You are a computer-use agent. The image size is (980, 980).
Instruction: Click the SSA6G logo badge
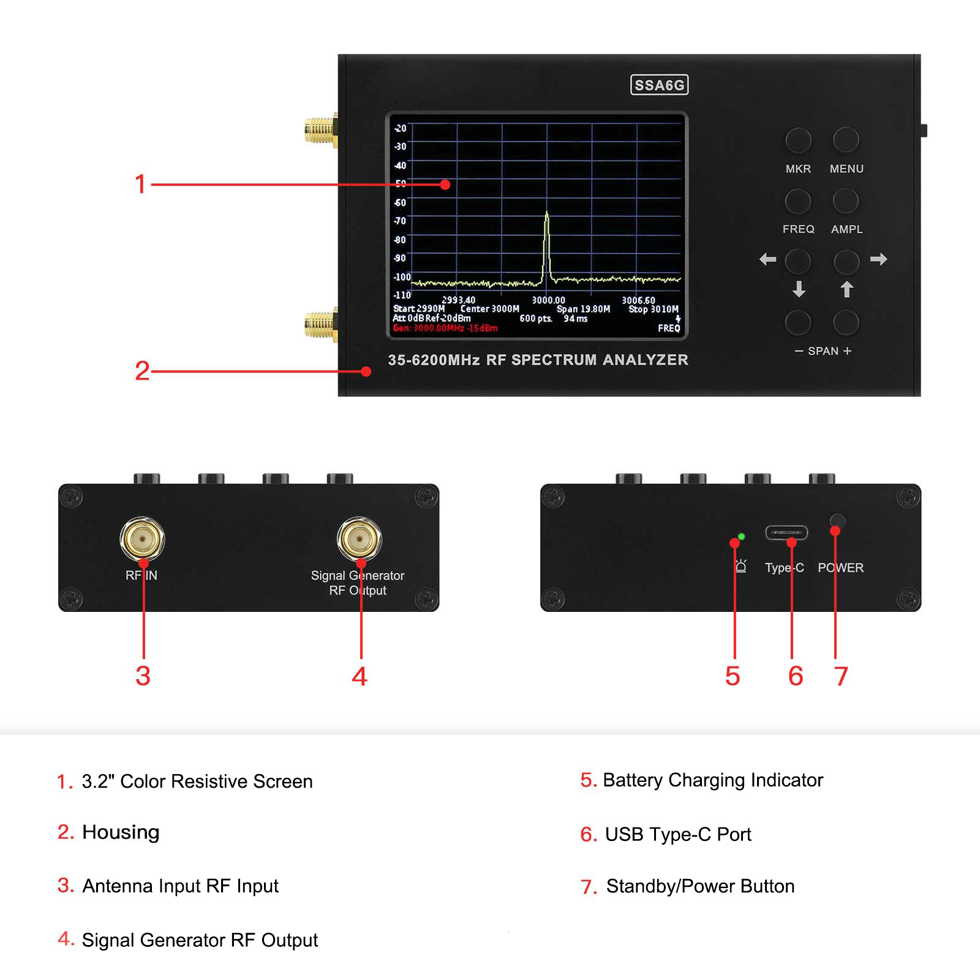click(x=659, y=85)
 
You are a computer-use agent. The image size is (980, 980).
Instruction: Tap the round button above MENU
click(x=846, y=140)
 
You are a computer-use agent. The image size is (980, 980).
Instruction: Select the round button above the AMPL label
click(x=846, y=201)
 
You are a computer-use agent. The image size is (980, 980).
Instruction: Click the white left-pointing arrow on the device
click(x=767, y=259)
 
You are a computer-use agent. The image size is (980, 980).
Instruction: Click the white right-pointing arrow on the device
click(x=878, y=259)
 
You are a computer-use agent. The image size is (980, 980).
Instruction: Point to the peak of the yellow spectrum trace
click(x=546, y=213)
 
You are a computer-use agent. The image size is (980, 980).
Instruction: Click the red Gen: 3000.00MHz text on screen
click(x=445, y=328)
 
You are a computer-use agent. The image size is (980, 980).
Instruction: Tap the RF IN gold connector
click(x=142, y=539)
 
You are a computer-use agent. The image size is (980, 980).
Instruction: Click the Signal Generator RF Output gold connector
click(x=360, y=539)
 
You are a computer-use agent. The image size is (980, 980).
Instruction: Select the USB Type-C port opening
click(x=786, y=532)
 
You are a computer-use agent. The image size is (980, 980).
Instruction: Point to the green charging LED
click(x=742, y=537)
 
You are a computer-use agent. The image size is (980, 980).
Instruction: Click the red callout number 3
click(x=143, y=676)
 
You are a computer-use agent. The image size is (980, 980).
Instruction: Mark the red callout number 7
click(x=841, y=676)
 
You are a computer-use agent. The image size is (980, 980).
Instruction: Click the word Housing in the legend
click(x=121, y=832)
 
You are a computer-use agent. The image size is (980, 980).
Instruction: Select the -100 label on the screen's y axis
click(x=402, y=277)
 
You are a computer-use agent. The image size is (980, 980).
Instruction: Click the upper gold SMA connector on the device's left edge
click(x=320, y=130)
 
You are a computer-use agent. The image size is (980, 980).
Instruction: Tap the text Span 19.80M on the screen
click(x=583, y=309)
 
